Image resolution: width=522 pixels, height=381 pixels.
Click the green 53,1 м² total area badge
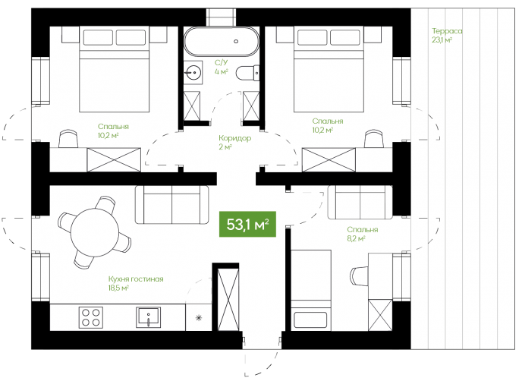click(x=247, y=224)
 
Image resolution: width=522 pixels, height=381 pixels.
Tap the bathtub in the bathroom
click(x=222, y=42)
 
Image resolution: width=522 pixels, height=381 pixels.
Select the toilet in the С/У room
click(x=247, y=73)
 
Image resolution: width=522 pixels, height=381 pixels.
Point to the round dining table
click(x=95, y=231)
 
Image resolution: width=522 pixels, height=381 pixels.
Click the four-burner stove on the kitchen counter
click(x=91, y=318)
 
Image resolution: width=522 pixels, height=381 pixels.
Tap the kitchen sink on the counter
click(x=148, y=317)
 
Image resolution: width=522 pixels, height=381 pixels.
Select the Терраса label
click(x=447, y=31)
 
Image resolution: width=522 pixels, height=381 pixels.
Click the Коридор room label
click(x=234, y=138)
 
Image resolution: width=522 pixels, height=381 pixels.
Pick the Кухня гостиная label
click(x=136, y=279)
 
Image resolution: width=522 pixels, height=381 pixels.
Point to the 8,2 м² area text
click(x=356, y=238)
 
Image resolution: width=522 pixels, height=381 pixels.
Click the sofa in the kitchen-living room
click(x=171, y=204)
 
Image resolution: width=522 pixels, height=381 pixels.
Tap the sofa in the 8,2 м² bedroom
click(x=360, y=202)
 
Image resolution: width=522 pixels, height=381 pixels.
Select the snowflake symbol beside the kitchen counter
click(x=199, y=318)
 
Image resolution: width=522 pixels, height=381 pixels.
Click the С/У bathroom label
click(x=221, y=62)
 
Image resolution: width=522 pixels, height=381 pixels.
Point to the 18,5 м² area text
click(x=118, y=288)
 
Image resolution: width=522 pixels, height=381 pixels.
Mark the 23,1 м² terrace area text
click(x=442, y=40)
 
